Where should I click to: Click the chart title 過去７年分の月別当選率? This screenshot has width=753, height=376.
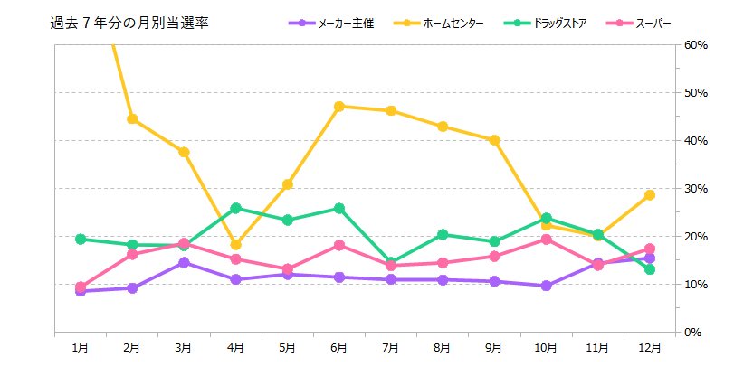tap(129, 23)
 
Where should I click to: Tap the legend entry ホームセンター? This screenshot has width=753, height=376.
tap(458, 23)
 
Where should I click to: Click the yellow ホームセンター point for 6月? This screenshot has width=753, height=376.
tap(338, 107)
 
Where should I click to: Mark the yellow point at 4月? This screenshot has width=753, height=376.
tap(235, 245)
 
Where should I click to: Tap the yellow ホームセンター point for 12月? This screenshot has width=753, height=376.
tap(649, 195)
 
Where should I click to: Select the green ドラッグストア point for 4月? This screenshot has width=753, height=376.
tap(235, 208)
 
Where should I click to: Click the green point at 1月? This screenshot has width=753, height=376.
tap(81, 240)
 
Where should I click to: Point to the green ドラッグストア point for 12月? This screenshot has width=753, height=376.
tap(649, 269)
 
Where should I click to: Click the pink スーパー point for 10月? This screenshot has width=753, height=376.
tap(546, 240)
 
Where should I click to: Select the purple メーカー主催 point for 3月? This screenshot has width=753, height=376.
tap(184, 263)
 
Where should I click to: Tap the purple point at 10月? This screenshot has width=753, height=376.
tap(546, 286)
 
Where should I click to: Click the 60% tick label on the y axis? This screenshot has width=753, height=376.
tap(696, 45)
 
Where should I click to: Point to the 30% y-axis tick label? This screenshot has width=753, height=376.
tap(696, 189)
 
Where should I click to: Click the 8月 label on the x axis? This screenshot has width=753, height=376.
tap(443, 347)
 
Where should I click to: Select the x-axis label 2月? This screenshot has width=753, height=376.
tap(132, 347)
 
